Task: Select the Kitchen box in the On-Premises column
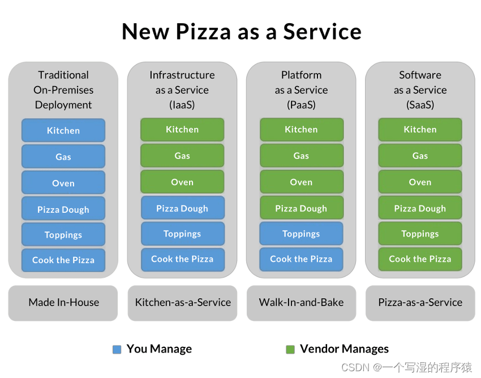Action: pyautogui.click(x=63, y=130)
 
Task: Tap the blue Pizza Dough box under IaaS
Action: pyautogui.click(x=182, y=208)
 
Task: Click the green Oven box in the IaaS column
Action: pyautogui.click(x=182, y=182)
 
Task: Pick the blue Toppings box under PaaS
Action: pyautogui.click(x=301, y=234)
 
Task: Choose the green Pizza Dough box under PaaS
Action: pyautogui.click(x=301, y=208)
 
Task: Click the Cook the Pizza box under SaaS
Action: pyautogui.click(x=420, y=259)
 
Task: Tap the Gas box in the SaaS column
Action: pyautogui.click(x=420, y=156)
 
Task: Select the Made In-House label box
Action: pyautogui.click(x=63, y=303)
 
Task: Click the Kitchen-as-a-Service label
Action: pyautogui.click(x=182, y=303)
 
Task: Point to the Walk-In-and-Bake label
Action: pyautogui.click(x=301, y=303)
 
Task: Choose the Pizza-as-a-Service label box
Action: pyautogui.click(x=420, y=303)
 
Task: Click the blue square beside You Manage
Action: pyautogui.click(x=117, y=350)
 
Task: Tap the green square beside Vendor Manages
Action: pyautogui.click(x=290, y=350)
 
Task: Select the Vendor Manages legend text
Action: pyautogui.click(x=344, y=349)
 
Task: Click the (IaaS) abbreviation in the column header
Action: pyautogui.click(x=182, y=105)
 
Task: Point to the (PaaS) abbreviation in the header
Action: pyautogui.click(x=301, y=105)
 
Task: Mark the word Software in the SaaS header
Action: pyautogui.click(x=420, y=75)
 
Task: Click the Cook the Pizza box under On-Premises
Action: pyautogui.click(x=63, y=260)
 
